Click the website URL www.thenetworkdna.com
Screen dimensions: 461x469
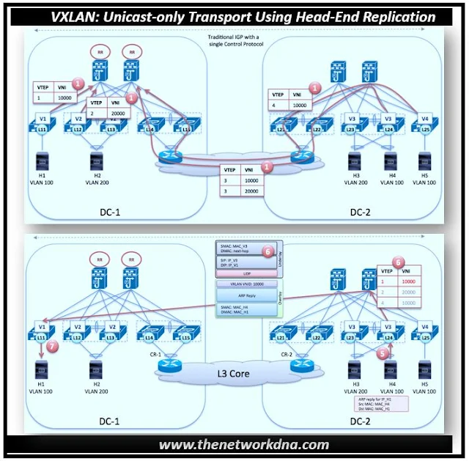point(234,444)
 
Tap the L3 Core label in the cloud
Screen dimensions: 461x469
point(233,376)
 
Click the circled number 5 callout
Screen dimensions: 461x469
point(380,351)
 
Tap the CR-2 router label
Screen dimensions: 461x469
point(287,354)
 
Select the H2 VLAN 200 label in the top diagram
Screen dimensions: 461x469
point(97,180)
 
